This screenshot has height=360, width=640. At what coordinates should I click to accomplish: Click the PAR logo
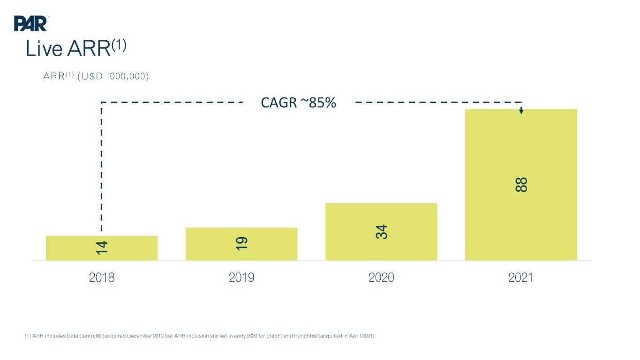point(30,23)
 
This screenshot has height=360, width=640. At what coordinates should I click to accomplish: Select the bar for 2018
point(102,248)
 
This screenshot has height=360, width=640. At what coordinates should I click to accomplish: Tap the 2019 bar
point(241,244)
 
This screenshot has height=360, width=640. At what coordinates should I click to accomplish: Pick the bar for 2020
point(381,232)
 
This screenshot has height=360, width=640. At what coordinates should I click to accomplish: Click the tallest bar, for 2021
point(521,185)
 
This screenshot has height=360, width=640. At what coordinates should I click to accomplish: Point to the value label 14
point(102,247)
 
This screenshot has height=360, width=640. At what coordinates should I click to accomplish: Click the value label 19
point(241,243)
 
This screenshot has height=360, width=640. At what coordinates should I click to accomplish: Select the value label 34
point(381,232)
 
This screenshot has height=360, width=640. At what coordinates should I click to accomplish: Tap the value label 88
point(521,185)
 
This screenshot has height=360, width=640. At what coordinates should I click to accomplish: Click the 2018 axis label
point(102,277)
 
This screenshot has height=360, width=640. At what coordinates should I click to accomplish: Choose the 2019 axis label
point(241,277)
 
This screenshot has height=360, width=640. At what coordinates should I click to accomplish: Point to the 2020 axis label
point(381,277)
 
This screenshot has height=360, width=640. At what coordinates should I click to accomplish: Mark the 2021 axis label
point(520,277)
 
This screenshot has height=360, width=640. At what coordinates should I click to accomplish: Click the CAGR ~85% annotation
point(298,103)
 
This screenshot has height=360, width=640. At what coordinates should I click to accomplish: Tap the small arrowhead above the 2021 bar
point(521,111)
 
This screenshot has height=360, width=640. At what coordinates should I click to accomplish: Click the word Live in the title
point(44,48)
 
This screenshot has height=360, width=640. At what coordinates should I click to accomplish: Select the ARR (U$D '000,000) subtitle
point(96,76)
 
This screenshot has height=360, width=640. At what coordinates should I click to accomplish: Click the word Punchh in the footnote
point(304,336)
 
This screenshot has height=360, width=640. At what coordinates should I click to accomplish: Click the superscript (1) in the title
point(119,45)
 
